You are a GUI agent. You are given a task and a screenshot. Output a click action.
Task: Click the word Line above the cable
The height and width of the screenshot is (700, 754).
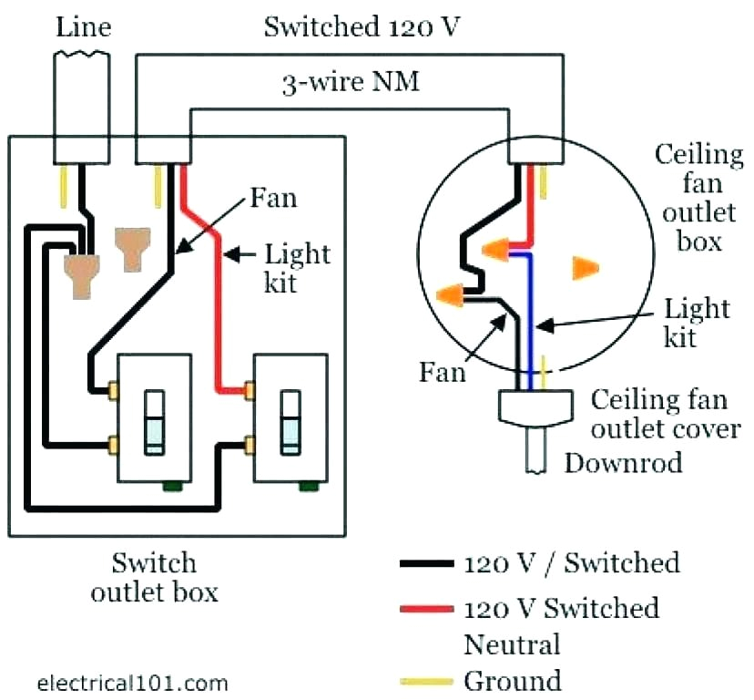tap(83, 26)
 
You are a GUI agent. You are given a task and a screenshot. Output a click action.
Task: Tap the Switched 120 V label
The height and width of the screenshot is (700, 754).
tap(362, 26)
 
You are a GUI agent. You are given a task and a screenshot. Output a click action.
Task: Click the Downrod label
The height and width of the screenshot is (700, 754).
tap(623, 462)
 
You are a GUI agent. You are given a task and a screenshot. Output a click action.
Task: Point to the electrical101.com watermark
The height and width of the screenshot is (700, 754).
tap(133, 682)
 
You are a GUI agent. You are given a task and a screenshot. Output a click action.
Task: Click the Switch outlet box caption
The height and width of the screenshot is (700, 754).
tap(154, 576)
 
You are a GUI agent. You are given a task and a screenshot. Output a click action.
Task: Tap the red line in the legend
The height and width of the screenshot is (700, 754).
tap(426, 607)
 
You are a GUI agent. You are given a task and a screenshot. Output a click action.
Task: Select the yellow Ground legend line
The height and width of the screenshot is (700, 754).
tap(426, 680)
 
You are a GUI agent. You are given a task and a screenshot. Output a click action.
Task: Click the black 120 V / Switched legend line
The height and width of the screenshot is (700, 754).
tap(426, 563)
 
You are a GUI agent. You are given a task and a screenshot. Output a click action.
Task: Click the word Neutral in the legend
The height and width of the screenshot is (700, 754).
tap(512, 644)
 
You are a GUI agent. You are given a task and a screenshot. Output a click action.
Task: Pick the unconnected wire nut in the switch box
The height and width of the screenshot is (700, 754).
tap(133, 248)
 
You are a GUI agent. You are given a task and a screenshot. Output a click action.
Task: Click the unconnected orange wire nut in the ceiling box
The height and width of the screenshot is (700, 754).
tap(584, 267)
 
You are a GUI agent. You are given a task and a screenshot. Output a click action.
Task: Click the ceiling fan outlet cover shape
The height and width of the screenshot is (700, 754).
tap(535, 407)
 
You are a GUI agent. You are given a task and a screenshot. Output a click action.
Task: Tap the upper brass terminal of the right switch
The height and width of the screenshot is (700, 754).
tap(249, 390)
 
